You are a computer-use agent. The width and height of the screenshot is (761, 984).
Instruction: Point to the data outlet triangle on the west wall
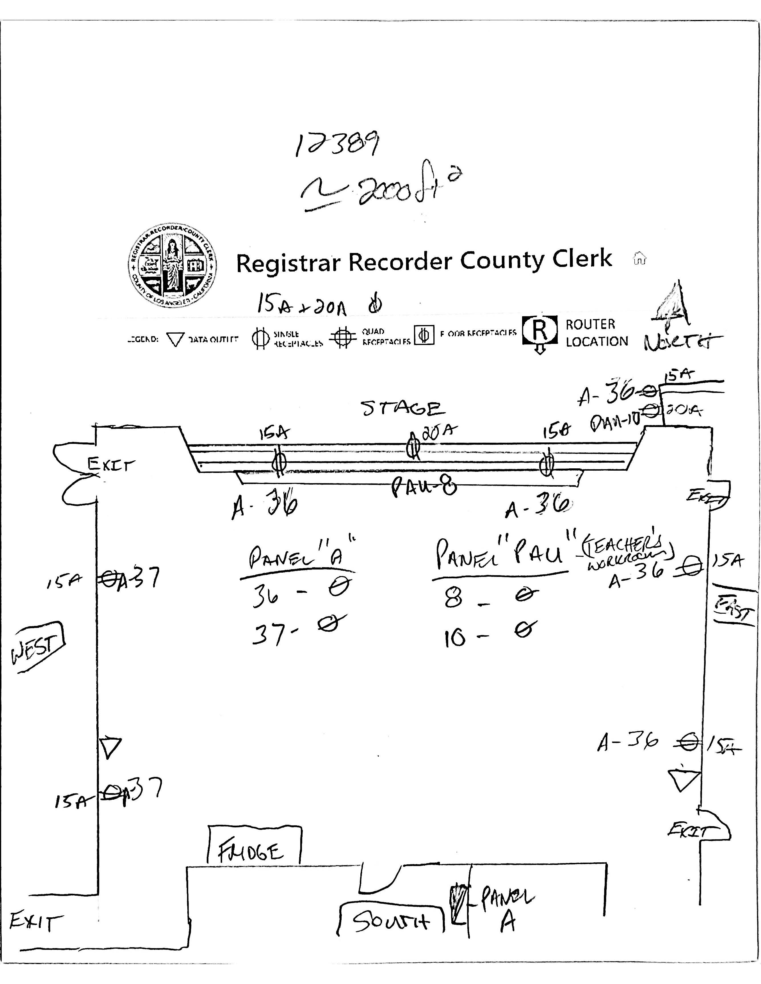click(x=110, y=747)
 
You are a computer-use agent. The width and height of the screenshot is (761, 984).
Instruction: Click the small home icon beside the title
click(x=640, y=259)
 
